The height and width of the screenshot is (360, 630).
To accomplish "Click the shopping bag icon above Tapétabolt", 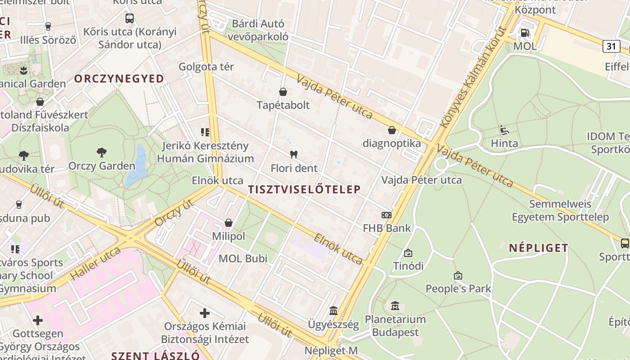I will (283, 92).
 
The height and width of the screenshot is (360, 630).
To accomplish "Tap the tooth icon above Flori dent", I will (294, 155).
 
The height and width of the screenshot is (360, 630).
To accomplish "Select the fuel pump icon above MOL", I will (525, 32).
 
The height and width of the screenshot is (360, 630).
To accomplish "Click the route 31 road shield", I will (611, 46).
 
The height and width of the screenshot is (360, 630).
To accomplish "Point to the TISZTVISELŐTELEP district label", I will (304, 189).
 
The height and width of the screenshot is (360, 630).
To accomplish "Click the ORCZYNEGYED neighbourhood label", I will (119, 79).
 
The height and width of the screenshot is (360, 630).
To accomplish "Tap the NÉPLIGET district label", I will (539, 248).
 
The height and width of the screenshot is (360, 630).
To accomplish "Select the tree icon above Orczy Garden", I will (102, 152).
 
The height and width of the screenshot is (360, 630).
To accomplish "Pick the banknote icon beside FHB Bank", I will (387, 215).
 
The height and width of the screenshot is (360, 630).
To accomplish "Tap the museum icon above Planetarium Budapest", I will (395, 306).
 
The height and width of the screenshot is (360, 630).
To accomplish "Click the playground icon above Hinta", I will (504, 130).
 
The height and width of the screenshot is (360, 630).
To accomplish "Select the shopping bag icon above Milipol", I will (229, 223).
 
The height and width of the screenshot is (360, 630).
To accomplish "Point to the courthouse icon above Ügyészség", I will (333, 310).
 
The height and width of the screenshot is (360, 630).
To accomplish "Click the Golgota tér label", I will (206, 67).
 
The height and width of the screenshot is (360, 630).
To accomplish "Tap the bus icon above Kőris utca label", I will (130, 18).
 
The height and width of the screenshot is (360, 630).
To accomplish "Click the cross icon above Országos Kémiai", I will (205, 313).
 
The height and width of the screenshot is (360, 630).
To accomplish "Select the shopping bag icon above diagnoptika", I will (392, 130).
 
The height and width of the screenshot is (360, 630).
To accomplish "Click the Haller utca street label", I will (96, 263).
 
